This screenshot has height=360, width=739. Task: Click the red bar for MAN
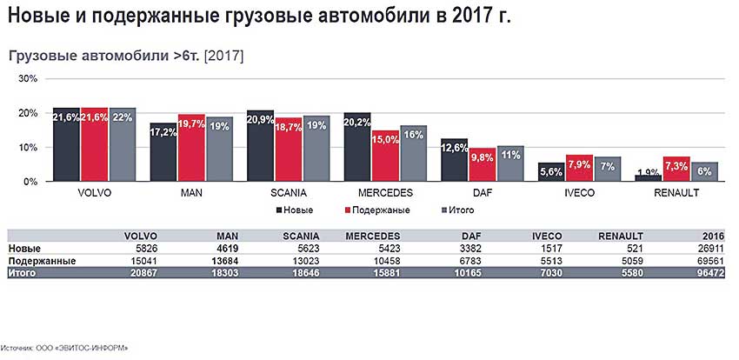191,148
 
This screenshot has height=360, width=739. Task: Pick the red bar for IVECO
579,168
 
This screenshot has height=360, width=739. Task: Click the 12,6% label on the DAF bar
454,148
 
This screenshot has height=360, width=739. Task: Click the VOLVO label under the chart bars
94,193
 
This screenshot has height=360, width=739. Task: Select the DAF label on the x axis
481,193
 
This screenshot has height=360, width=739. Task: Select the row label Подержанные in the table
41,260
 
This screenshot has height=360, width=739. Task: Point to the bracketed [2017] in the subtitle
223,55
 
